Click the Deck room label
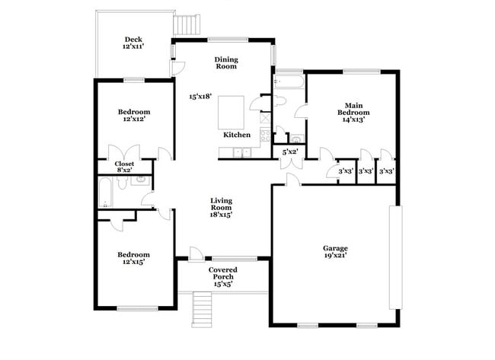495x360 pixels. point(134,40)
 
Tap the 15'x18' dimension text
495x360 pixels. point(200,97)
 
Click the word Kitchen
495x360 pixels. point(237,135)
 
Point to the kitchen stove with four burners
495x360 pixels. point(264,135)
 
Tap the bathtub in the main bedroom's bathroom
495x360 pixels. point(289,81)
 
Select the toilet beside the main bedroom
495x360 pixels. point(279,101)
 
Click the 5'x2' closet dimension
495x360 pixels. point(290,152)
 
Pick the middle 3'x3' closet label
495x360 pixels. point(366,171)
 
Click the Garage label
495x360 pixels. point(335,248)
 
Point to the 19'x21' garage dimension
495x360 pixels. point(335,257)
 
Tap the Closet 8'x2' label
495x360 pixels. point(124,167)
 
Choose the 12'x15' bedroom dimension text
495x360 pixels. point(133,261)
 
